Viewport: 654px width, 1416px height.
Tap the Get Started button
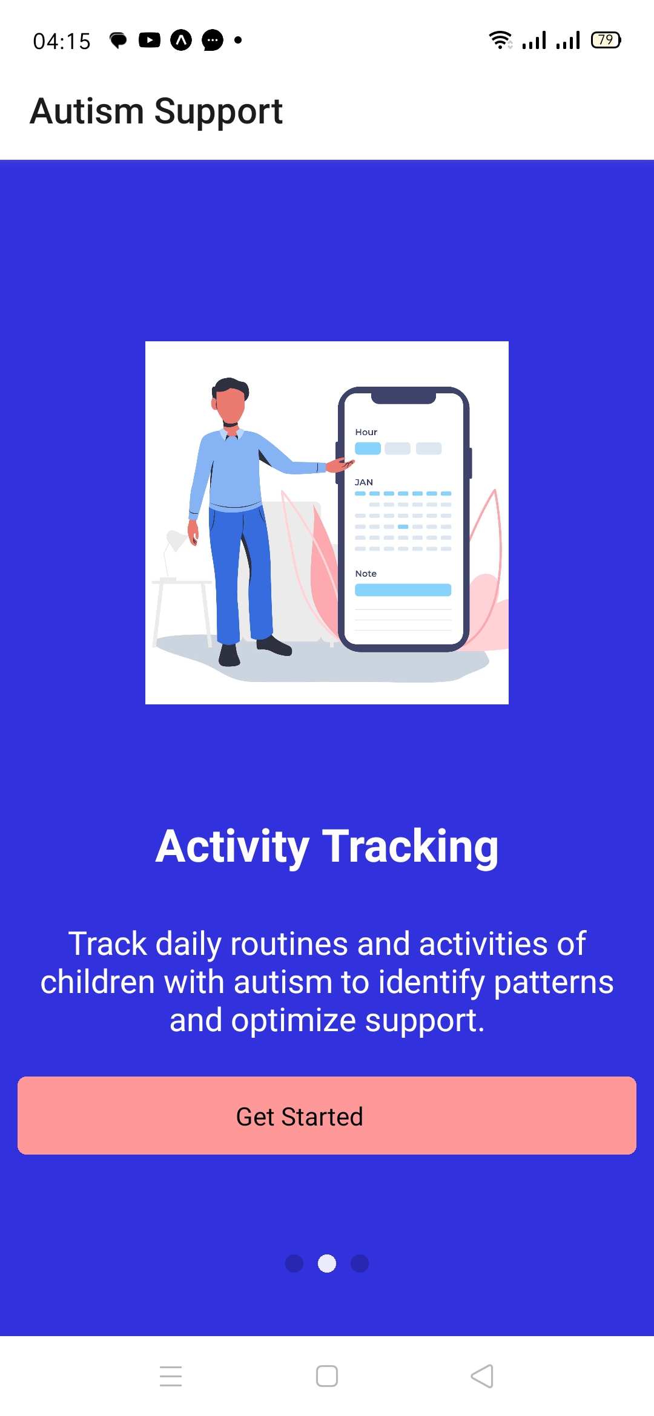[327, 1115]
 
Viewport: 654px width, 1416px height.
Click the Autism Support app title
[156, 111]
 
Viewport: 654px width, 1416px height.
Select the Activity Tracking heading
[327, 847]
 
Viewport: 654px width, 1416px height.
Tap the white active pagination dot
[327, 1264]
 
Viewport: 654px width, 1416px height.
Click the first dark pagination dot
[294, 1264]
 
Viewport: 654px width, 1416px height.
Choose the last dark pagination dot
[360, 1264]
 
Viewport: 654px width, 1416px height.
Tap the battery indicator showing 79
[606, 40]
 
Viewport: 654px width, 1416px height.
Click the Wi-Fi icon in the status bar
[500, 40]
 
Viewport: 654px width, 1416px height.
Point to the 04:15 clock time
[62, 41]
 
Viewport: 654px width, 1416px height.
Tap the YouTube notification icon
[150, 40]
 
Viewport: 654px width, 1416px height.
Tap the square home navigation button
[327, 1376]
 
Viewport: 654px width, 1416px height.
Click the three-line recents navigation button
[171, 1376]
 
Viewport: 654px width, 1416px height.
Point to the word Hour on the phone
[366, 432]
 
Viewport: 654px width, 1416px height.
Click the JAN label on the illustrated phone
[364, 482]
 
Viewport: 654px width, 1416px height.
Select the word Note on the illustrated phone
[366, 574]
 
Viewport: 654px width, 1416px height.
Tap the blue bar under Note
[403, 590]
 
